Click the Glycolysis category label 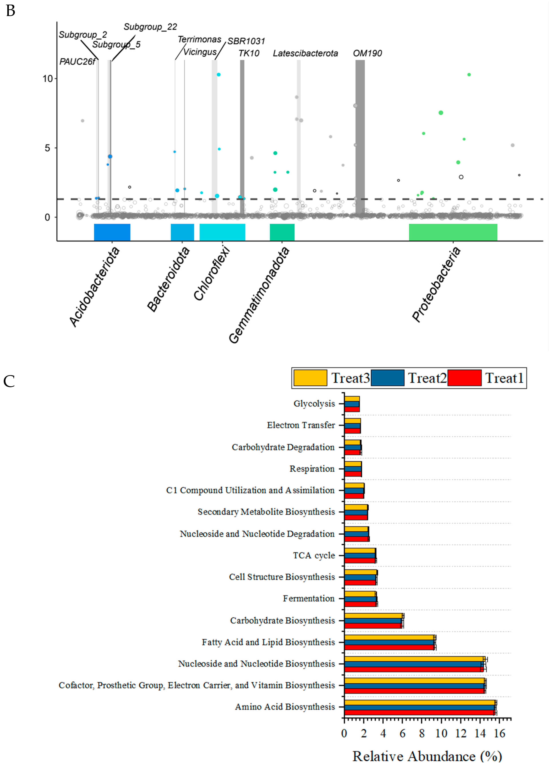click(314, 404)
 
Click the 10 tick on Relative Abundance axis click(441, 733)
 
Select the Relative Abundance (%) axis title click(427, 756)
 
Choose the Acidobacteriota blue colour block click(112, 232)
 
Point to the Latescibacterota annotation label click(305, 53)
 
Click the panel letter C click(9, 381)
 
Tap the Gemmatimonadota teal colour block click(282, 232)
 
